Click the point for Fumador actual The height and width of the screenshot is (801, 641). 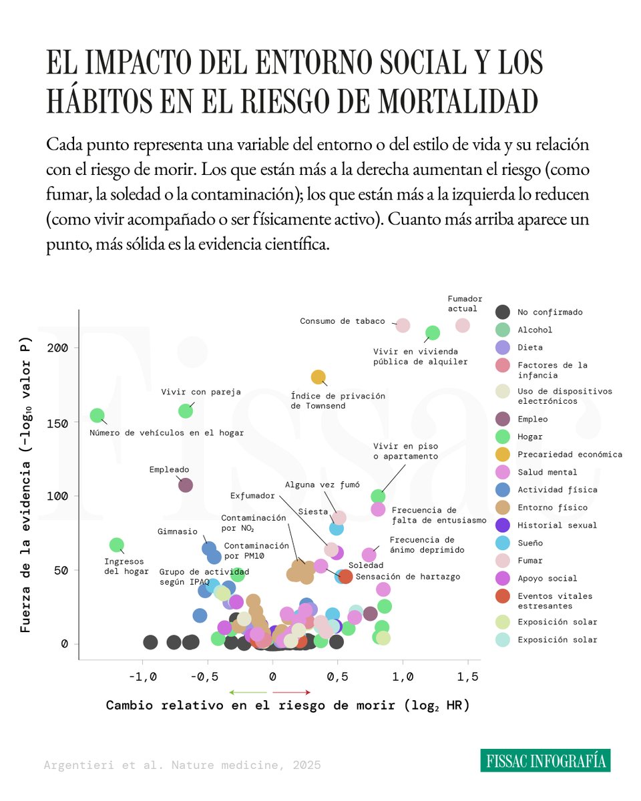pyautogui.click(x=462, y=325)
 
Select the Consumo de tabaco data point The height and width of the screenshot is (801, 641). pyautogui.click(x=403, y=325)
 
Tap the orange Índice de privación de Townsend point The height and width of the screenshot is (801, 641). pyautogui.click(x=318, y=377)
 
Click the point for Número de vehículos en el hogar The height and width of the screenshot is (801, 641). pyautogui.click(x=97, y=416)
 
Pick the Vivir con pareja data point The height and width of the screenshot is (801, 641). pyautogui.click(x=186, y=411)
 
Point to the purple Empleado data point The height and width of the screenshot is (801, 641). pyautogui.click(x=186, y=485)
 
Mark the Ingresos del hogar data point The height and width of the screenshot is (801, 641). pyautogui.click(x=117, y=545)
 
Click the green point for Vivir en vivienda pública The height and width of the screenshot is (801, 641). pyautogui.click(x=433, y=332)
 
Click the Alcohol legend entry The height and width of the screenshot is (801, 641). pyautogui.click(x=535, y=330)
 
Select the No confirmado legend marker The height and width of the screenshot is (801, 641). pyautogui.click(x=503, y=312)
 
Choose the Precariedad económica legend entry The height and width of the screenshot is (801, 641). pyautogui.click(x=570, y=455)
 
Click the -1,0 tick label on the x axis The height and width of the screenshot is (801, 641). pyautogui.click(x=142, y=676)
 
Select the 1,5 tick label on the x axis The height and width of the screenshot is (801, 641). pyautogui.click(x=467, y=676)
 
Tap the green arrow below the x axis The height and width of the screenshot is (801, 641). pyautogui.click(x=247, y=692)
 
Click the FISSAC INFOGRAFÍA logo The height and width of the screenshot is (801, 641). pyautogui.click(x=545, y=760)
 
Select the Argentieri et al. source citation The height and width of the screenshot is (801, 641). pyautogui.click(x=182, y=765)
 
